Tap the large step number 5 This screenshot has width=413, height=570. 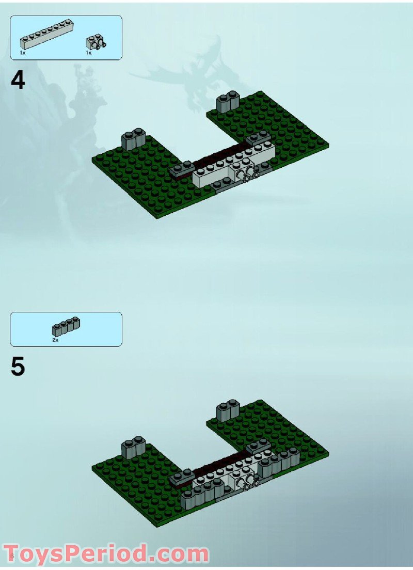coord(18,367)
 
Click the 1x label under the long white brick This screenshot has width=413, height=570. coord(22,53)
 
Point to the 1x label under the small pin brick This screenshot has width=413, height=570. coord(88,53)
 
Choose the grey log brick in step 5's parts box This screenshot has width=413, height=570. coord(66,326)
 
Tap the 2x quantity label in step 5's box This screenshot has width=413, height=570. coord(55,340)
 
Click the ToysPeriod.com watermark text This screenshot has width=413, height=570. coord(106,554)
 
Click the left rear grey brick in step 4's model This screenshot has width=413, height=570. coord(133,139)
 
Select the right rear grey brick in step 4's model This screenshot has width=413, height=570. coord(228,103)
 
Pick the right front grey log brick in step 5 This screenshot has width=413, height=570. coord(279,463)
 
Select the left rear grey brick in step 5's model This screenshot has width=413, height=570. coord(133,447)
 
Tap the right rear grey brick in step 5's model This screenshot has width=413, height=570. coord(228,409)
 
